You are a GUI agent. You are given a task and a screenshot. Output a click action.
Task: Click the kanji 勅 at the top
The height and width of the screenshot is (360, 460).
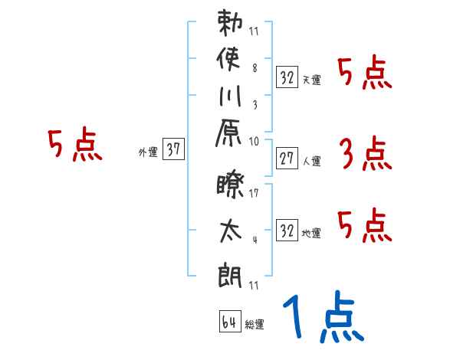(230, 24)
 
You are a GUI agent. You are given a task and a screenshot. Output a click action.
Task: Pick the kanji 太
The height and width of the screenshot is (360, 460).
(230, 231)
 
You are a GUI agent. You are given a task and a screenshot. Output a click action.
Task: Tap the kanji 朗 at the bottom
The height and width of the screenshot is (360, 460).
(230, 272)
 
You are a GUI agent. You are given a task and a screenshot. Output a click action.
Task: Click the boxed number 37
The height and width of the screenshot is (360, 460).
(174, 150)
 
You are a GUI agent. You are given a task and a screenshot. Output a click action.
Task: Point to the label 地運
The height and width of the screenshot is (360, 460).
(312, 233)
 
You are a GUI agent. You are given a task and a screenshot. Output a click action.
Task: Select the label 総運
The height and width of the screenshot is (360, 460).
(255, 325)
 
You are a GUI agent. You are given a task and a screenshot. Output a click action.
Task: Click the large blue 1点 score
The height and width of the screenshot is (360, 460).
(321, 316)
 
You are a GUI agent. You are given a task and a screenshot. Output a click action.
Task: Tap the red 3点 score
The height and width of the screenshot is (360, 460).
(365, 155)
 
